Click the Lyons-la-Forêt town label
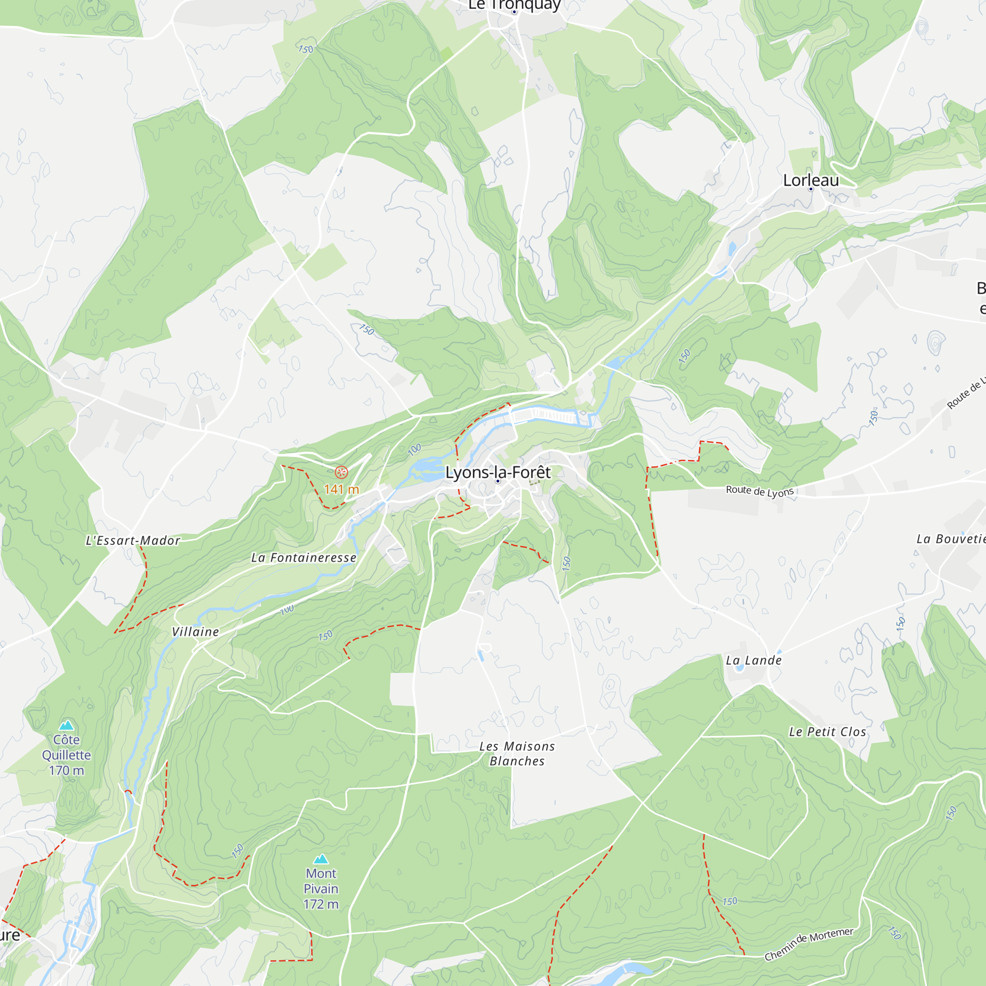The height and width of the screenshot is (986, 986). pyautogui.click(x=497, y=472)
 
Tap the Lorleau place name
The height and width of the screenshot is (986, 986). pyautogui.click(x=810, y=180)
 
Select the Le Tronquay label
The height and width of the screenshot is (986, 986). pyautogui.click(x=514, y=4)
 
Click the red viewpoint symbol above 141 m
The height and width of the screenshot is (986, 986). pyautogui.click(x=342, y=472)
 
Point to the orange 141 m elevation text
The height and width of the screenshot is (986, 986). pyautogui.click(x=342, y=490)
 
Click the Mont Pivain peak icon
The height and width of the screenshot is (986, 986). pyautogui.click(x=320, y=859)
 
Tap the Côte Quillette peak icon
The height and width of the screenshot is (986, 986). pyautogui.click(x=67, y=725)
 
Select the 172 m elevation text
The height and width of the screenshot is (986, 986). pyautogui.click(x=320, y=904)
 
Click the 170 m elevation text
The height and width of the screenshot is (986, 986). pyautogui.click(x=67, y=771)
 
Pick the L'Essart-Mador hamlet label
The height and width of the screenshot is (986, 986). pyautogui.click(x=133, y=540)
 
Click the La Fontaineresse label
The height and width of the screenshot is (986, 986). pyautogui.click(x=304, y=558)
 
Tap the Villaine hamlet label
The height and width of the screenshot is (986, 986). pyautogui.click(x=195, y=632)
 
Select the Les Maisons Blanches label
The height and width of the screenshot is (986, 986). pyautogui.click(x=517, y=754)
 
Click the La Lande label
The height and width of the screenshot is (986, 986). pyautogui.click(x=754, y=661)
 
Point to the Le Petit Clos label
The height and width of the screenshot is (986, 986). pyautogui.click(x=827, y=732)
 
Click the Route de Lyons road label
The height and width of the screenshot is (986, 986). pyautogui.click(x=760, y=491)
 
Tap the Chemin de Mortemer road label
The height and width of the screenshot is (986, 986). pyautogui.click(x=809, y=944)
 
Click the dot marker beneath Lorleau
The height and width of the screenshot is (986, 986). pyautogui.click(x=810, y=189)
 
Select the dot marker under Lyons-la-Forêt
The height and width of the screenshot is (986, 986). pyautogui.click(x=497, y=481)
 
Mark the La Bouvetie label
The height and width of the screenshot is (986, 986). pyautogui.click(x=951, y=539)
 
